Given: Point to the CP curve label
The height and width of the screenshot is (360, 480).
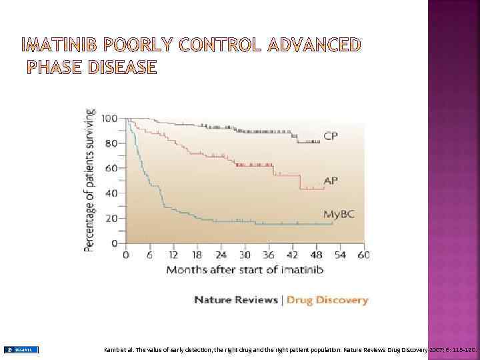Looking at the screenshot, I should click(x=331, y=137).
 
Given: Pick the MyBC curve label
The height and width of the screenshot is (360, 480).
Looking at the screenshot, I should click(x=339, y=214).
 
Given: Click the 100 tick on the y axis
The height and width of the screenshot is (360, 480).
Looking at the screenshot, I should click(x=109, y=119).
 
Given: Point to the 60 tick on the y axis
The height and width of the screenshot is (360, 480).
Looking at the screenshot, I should click(x=111, y=168).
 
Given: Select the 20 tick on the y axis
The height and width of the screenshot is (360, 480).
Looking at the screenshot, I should click(x=111, y=218).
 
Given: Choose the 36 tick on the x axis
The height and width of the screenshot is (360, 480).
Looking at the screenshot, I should click(x=269, y=255).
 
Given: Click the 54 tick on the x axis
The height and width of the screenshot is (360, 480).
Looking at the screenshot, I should click(x=339, y=255).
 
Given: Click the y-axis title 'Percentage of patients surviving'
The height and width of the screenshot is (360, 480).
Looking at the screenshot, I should click(x=89, y=180).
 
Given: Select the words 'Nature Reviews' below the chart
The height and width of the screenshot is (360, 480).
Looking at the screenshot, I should click(x=235, y=300).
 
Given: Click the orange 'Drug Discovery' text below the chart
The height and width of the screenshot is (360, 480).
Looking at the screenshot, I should click(x=327, y=300).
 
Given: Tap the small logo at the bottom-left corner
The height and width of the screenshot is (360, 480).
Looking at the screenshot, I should click(x=21, y=349).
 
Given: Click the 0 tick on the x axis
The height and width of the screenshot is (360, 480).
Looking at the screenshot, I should click(x=126, y=255).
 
